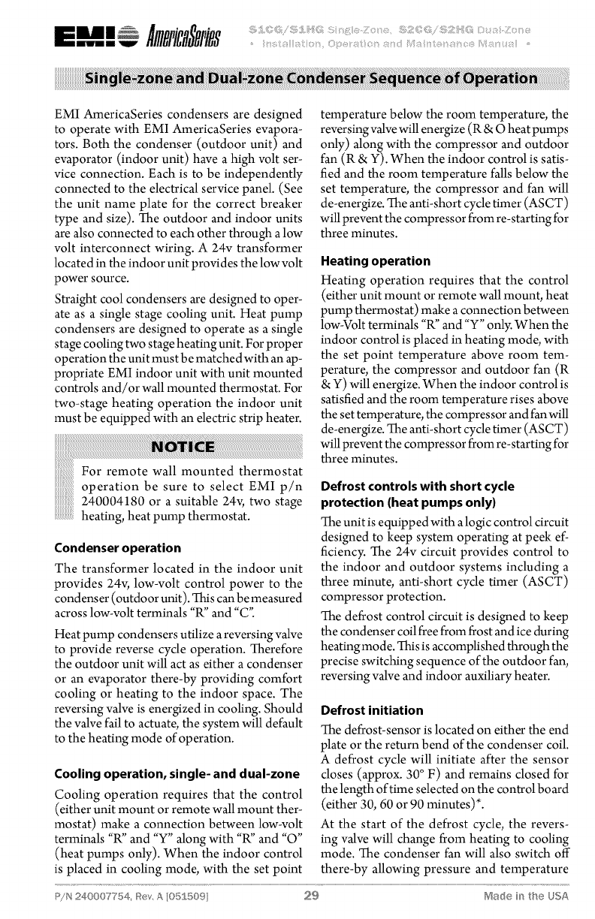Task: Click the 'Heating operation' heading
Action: (x=376, y=262)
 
